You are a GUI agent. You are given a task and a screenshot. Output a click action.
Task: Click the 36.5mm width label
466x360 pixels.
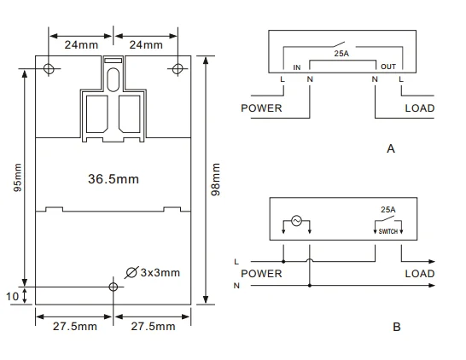click(114, 179)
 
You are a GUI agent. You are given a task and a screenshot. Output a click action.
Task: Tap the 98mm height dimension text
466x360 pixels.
click(215, 179)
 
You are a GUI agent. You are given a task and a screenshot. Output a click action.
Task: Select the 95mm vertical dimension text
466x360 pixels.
click(18, 177)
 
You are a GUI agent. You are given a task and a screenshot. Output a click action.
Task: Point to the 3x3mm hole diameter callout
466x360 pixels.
click(153, 272)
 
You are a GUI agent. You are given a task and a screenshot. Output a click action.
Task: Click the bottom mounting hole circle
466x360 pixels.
click(114, 287)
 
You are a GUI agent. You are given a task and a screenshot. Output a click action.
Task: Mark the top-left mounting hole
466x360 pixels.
click(49, 68)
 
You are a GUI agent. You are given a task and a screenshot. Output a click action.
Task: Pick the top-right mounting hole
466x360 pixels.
click(178, 69)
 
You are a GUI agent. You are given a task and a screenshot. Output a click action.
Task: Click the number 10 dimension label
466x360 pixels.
click(13, 296)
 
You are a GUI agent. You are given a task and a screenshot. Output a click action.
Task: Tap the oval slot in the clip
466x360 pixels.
click(114, 79)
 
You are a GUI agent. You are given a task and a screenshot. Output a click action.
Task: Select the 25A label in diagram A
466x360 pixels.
click(341, 54)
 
